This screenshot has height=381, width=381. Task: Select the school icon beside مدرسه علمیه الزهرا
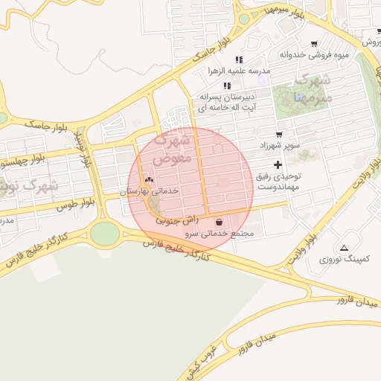coord(239,60)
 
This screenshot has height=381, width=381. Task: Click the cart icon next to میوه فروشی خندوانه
coord(314,44)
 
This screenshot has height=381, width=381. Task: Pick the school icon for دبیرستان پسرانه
coord(226,86)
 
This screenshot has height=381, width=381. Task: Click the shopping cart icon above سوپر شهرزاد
coord(279,135)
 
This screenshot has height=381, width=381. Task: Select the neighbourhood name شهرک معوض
coord(173,149)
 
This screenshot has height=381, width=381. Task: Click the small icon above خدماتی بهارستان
coord(149,179)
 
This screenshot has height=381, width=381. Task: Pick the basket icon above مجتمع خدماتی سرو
coord(219,221)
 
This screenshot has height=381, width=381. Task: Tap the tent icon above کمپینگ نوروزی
coord(344,248)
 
